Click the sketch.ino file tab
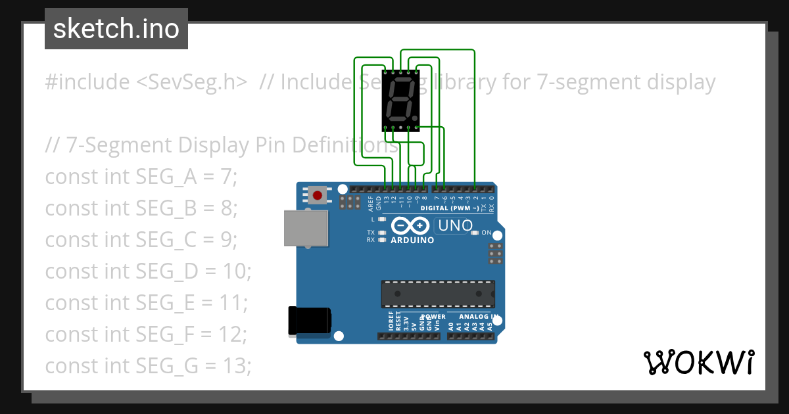pos(116,30)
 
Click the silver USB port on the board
pos(305,227)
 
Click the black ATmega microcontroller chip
pos(437,293)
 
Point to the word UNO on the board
pos(454,226)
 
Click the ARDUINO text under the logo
pos(412,241)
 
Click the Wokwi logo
pos(698,362)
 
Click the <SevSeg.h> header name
pos(192,82)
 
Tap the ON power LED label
pos(487,233)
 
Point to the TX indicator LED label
pos(370,233)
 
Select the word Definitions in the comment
pos(351,145)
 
